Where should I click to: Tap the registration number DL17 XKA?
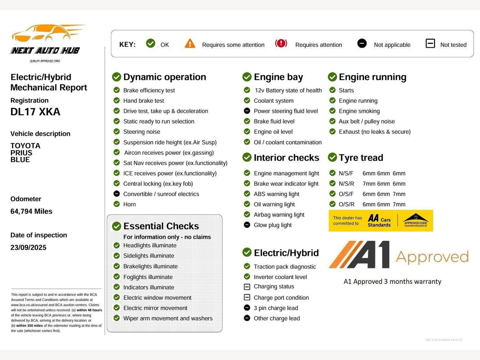[x=35, y=112]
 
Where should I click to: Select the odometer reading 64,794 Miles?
[x=31, y=212]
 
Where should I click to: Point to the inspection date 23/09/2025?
[x=28, y=247]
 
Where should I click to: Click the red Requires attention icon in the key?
[x=281, y=44]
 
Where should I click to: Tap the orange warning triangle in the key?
[x=190, y=44]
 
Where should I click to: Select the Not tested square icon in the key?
[x=430, y=44]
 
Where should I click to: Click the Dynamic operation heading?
[x=164, y=77]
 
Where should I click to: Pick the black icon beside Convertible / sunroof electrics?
[x=117, y=194]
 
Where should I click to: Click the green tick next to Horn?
[x=117, y=204]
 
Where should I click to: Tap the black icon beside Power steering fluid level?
[x=247, y=111]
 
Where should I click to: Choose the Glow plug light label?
[x=272, y=225]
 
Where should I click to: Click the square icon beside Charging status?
[x=247, y=287]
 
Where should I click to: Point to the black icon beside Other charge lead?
[x=247, y=318]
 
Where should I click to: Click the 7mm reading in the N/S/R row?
[x=369, y=184]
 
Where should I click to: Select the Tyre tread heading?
[x=361, y=158]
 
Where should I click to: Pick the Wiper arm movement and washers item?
[x=168, y=318]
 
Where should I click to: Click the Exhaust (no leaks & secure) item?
[x=374, y=132]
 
